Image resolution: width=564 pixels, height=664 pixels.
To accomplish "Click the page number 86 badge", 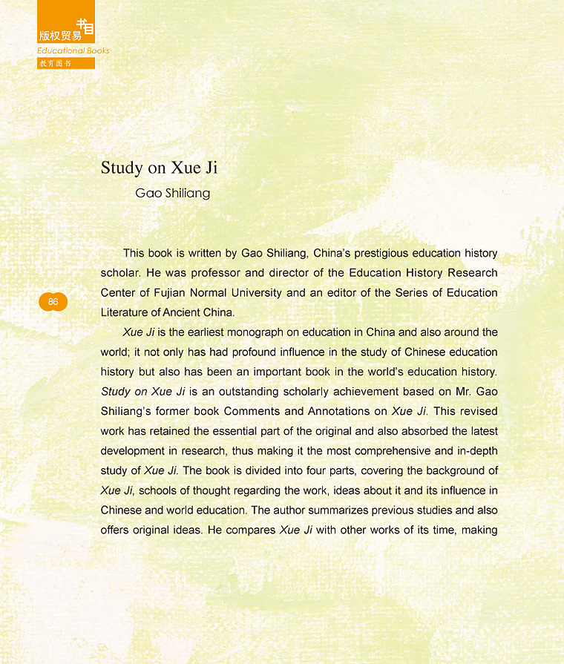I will (x=53, y=301).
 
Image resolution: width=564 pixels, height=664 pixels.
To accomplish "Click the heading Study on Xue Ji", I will (x=159, y=168).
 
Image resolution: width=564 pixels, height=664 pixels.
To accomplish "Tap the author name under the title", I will (x=172, y=194).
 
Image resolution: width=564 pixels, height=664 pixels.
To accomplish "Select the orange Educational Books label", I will (x=73, y=50).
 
